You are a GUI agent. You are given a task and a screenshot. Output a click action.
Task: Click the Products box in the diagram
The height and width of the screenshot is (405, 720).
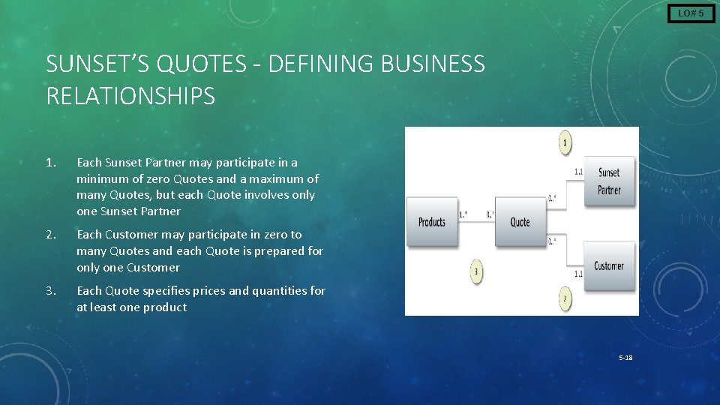click(432, 221)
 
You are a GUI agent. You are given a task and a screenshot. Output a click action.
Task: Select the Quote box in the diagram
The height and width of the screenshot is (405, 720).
click(520, 221)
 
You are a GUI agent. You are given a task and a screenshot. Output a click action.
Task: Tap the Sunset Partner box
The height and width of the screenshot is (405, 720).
click(608, 181)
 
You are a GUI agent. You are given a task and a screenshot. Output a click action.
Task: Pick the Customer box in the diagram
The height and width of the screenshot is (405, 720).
click(608, 265)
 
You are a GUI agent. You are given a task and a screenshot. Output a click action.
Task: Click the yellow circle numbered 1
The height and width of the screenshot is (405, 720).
click(566, 142)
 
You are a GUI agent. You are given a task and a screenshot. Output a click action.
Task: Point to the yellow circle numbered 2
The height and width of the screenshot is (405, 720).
click(565, 299)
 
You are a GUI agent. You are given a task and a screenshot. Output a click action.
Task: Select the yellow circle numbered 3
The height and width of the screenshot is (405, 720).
click(476, 271)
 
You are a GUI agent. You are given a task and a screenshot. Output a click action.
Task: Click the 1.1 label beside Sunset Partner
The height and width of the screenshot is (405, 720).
click(579, 172)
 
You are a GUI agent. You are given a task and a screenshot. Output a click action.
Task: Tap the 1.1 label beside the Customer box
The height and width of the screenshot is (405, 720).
click(578, 274)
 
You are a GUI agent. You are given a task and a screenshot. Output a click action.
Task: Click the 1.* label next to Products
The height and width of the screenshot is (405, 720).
click(463, 214)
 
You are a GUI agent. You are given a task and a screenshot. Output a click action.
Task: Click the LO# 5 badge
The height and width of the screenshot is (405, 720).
click(691, 13)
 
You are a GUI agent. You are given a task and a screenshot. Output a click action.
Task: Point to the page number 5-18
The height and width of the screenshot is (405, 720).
click(625, 358)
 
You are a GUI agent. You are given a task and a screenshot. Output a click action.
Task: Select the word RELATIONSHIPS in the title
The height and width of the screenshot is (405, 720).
click(130, 96)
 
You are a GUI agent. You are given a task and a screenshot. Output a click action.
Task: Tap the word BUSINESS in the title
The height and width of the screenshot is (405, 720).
click(433, 64)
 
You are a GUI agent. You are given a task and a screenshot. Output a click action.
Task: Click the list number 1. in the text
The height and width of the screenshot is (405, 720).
click(51, 163)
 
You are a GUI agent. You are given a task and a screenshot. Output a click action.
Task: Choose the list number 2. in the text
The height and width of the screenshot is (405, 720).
click(51, 235)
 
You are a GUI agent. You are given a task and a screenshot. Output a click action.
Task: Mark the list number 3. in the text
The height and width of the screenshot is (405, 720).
click(51, 291)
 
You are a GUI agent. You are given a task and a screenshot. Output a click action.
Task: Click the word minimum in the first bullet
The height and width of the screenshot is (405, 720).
click(101, 179)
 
